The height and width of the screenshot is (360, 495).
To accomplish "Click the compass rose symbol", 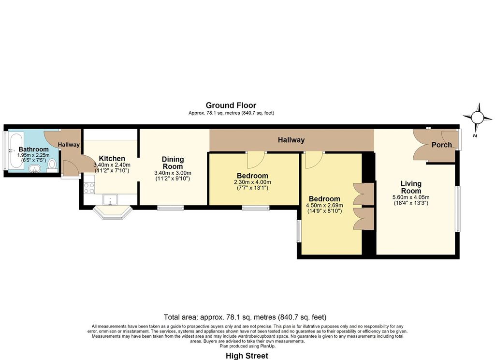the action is [x=477, y=118].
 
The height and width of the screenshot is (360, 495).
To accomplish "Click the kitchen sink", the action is [x=110, y=200].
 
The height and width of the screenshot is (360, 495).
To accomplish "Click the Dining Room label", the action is [x=173, y=163].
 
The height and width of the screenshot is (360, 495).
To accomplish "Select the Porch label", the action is [x=442, y=145].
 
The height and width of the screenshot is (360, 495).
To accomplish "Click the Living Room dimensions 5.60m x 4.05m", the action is [x=411, y=197].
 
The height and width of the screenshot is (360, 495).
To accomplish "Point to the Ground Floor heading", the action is [x=231, y=105].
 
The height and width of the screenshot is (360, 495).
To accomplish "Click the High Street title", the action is [x=247, y=356].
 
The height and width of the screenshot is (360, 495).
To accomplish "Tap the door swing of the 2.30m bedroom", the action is [x=256, y=160].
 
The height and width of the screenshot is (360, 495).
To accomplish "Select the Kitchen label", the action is [x=112, y=158].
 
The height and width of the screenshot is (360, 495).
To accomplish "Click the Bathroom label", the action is [x=33, y=149].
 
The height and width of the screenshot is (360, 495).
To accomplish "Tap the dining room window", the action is [x=171, y=208].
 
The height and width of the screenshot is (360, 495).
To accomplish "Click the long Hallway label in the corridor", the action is [x=291, y=140].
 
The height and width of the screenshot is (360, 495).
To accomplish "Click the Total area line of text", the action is [x=245, y=317].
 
